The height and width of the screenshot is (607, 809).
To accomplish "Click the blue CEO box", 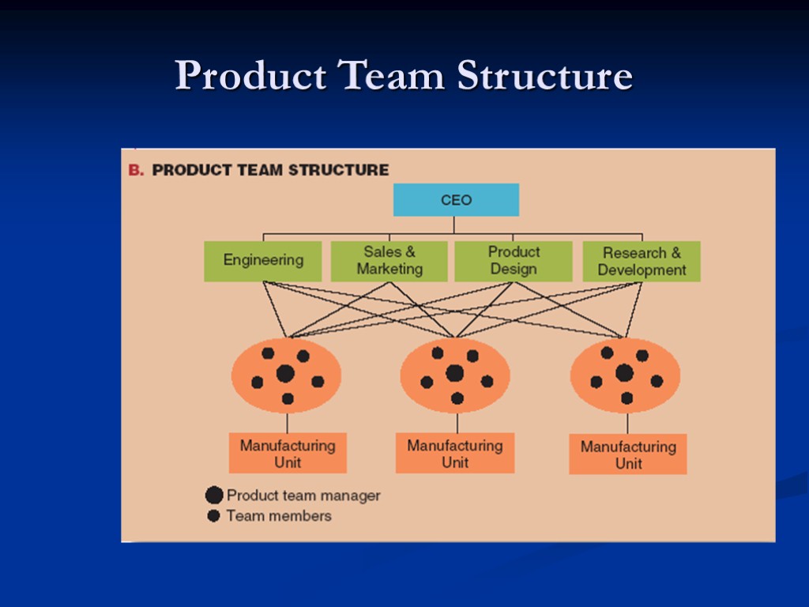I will (x=456, y=200).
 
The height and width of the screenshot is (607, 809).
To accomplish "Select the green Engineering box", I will (x=263, y=261).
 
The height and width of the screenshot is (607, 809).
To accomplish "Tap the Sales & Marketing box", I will (x=389, y=261).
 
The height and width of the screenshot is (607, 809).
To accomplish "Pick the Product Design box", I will (x=514, y=261).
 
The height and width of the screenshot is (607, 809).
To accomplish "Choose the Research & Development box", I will (x=642, y=262).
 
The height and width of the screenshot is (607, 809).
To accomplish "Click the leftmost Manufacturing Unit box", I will (x=288, y=454).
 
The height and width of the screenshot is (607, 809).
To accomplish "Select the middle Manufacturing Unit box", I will (x=455, y=454).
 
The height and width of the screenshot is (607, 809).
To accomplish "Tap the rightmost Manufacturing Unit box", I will (x=628, y=454).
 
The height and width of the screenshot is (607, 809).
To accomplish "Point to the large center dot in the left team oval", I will (x=285, y=374).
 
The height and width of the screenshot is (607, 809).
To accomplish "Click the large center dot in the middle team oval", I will (x=454, y=373).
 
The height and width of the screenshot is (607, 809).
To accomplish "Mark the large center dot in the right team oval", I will (x=624, y=373).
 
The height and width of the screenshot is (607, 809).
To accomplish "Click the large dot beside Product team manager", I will (x=214, y=496).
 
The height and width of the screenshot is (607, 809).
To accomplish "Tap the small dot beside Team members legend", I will (x=213, y=516).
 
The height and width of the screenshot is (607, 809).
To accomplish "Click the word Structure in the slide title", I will (x=544, y=77).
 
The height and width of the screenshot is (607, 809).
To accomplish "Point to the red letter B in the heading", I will (x=135, y=170).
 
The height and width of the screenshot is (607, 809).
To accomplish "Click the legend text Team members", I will (x=279, y=516).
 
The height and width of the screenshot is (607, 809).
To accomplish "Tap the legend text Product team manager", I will (x=303, y=496).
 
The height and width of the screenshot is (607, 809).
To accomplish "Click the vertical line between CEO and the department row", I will (x=454, y=224).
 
